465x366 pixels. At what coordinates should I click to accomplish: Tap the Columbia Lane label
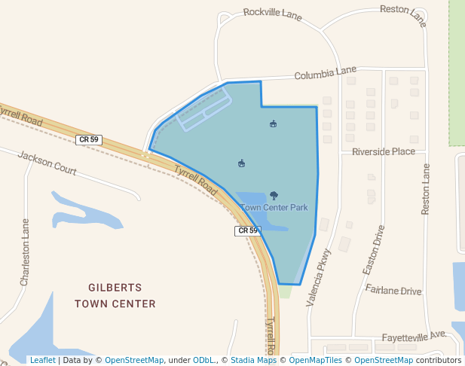coord(325,73)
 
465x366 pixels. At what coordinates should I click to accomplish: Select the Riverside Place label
coord(384,151)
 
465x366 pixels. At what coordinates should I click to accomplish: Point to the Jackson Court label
coord(47,163)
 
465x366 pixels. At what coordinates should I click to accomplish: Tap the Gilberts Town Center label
coord(115,295)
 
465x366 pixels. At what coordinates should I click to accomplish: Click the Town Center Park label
coord(274,207)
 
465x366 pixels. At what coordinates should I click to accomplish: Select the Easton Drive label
coord(374,249)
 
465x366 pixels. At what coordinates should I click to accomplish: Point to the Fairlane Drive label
coord(393,290)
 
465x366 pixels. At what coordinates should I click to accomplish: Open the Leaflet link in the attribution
coord(42,360)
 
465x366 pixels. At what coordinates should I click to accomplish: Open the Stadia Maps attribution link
coord(253,360)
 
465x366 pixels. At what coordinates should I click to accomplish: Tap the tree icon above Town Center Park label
coord(274,196)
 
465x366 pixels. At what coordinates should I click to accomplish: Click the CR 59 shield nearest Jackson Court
coord(88,139)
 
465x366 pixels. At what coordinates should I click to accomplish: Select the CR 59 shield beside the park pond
coord(246,230)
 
